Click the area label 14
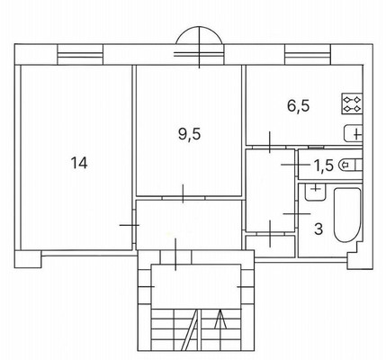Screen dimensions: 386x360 79,163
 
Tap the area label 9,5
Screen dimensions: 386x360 189,134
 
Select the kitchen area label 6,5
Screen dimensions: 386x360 299,106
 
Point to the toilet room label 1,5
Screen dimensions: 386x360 324,166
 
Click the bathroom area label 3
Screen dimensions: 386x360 319,229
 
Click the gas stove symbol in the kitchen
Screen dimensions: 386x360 352,103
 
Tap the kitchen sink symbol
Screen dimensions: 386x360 353,133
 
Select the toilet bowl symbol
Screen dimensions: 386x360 350,165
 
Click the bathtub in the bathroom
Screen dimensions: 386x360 346,215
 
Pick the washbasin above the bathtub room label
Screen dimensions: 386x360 315,192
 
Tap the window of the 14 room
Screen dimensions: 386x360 80,55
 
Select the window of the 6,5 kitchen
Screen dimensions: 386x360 308,55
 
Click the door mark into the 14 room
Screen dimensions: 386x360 130,225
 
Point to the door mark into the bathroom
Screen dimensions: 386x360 297,213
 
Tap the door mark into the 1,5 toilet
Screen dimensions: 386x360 295,165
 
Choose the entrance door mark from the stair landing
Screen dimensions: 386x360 175,255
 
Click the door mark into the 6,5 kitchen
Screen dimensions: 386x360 269,142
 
